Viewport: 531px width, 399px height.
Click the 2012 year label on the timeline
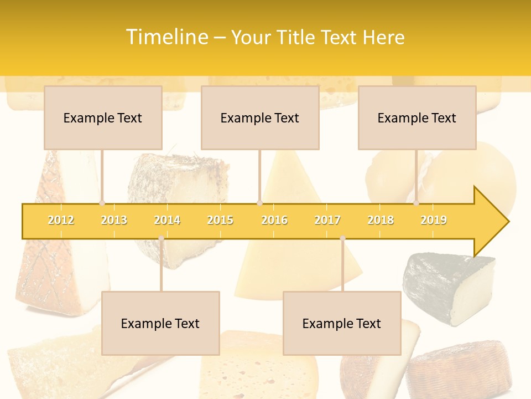tap(61, 220)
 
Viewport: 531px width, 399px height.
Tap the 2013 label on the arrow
tap(114, 220)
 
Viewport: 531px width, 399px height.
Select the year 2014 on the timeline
tap(167, 220)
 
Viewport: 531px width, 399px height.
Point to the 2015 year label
tap(220, 220)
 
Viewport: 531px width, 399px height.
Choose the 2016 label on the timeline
tap(274, 220)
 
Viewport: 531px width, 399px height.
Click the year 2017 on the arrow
tap(327, 220)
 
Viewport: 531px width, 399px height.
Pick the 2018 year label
tap(381, 220)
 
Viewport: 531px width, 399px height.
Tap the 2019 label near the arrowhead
tap(434, 220)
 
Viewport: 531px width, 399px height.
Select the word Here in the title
tap(383, 38)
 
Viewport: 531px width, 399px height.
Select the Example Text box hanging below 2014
tap(160, 323)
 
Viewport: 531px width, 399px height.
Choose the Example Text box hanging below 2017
tap(342, 323)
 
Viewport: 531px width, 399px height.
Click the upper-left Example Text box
tap(103, 117)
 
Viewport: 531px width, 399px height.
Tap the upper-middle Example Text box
tap(260, 117)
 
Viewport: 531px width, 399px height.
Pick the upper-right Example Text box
tap(417, 117)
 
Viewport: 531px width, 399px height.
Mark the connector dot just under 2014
tap(161, 238)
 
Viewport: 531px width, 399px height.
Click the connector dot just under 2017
tap(342, 238)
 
